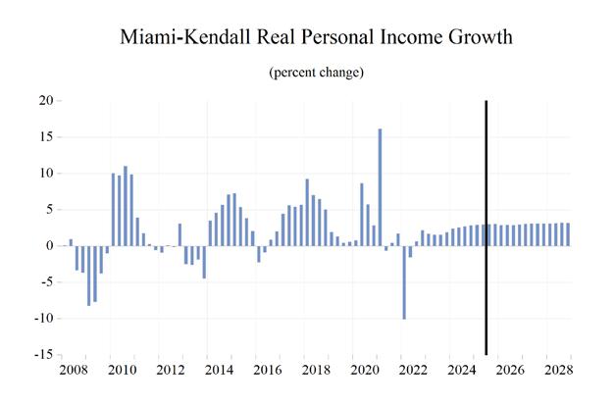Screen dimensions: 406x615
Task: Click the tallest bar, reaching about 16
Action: click(380, 187)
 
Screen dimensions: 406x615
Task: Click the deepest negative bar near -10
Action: click(404, 281)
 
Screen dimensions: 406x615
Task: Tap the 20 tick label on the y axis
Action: click(45, 101)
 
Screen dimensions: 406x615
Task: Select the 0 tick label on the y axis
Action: click(48, 246)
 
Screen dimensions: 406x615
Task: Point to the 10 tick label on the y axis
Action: click(45, 174)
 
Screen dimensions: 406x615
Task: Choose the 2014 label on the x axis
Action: click(219, 373)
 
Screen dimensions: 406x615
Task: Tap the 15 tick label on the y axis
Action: click(45, 137)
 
